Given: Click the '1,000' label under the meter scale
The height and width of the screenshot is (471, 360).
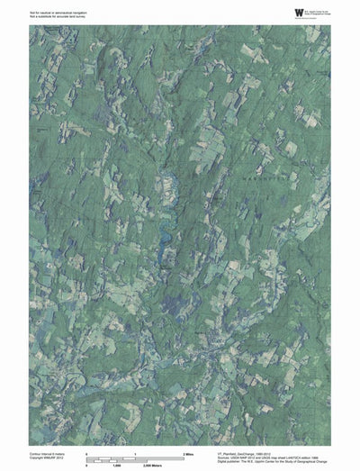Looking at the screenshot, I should click(115, 466).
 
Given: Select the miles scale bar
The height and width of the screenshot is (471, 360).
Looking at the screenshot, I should click(135, 457).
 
